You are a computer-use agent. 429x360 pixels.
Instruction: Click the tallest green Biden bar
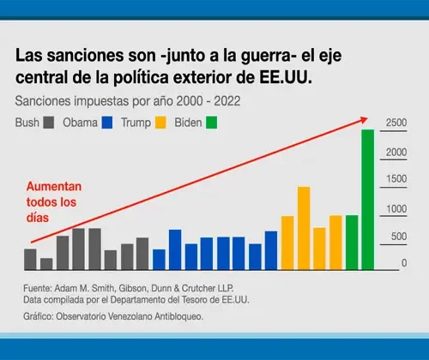[x=368, y=200]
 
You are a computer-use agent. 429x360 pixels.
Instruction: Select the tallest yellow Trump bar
[x=304, y=228]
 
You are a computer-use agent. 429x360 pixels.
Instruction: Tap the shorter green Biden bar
[x=352, y=243]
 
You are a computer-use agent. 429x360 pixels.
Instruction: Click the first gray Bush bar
[x=30, y=260]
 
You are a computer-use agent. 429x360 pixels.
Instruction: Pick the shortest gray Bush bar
[x=46, y=264]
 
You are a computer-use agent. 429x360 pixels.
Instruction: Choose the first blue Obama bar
[x=159, y=260]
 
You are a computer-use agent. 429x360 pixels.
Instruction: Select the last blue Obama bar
[x=271, y=250]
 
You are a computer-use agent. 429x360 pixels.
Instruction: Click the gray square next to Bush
[x=49, y=123]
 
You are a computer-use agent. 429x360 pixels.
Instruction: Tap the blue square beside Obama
[x=107, y=123]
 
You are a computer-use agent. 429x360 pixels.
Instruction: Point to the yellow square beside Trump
[x=160, y=123]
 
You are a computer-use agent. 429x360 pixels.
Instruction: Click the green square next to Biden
[x=212, y=123]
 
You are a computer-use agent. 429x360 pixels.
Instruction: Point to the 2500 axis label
[x=396, y=123]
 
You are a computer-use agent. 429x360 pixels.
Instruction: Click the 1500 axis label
[x=396, y=179]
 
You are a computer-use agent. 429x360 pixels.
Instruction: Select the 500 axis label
[x=399, y=237]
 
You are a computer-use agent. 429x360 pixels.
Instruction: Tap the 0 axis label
[x=404, y=263]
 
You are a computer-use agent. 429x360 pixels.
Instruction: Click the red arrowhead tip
[x=367, y=118]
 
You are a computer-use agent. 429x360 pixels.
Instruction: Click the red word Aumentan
[x=54, y=187]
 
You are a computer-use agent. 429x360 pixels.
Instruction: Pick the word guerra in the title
[x=265, y=56]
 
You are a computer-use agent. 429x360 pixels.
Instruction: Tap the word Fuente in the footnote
[x=38, y=288]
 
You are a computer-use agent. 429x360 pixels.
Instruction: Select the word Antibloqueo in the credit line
[x=179, y=316]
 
